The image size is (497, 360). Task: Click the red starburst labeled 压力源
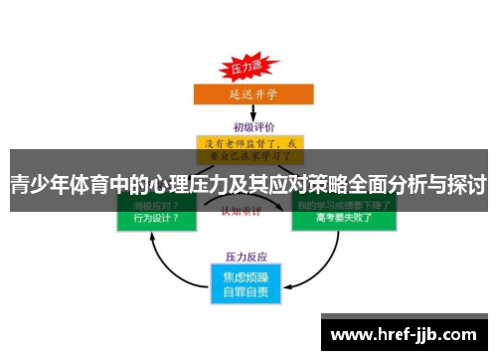point(245,69)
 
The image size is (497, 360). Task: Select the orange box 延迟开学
point(249,96)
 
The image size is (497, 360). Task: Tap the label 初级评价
point(249,127)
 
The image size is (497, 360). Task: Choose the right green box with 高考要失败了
point(343,218)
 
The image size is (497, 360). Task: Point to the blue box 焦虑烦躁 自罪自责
point(248,283)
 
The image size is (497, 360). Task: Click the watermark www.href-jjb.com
point(407,334)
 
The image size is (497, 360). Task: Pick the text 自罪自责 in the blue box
point(248,292)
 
